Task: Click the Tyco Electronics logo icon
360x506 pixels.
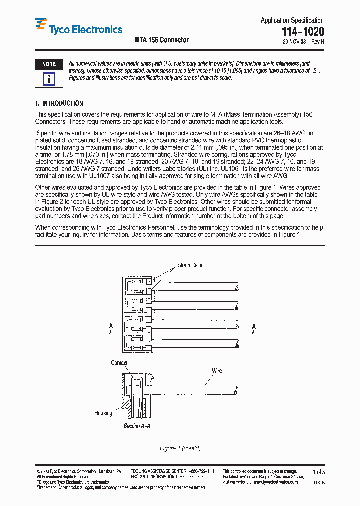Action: [x=41, y=25]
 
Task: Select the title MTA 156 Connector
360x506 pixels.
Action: [x=162, y=40]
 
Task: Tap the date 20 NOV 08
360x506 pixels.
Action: [x=294, y=42]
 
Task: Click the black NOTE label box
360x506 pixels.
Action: [x=49, y=64]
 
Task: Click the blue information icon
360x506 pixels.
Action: [x=49, y=79]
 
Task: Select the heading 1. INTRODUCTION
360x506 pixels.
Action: [x=59, y=103]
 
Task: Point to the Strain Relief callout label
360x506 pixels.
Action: [x=190, y=265]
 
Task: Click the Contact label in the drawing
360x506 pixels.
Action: [x=119, y=363]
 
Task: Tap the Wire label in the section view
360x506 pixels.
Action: [x=217, y=371]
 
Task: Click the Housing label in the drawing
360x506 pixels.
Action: [x=103, y=413]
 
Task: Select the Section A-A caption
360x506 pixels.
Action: [x=137, y=426]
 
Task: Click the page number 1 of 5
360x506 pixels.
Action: [x=318, y=472]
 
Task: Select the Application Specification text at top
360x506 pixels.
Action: [x=292, y=20]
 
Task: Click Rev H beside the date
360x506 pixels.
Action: [x=318, y=42]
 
